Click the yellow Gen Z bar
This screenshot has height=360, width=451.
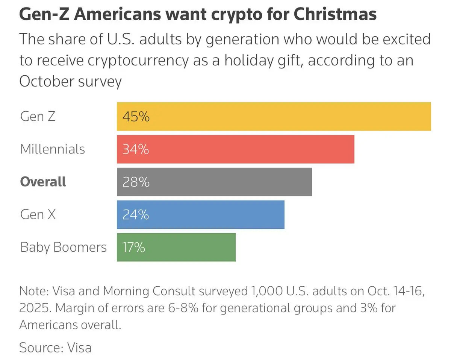tap(274, 117)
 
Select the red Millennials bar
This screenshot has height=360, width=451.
tap(235, 149)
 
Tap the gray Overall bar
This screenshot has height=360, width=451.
tap(214, 182)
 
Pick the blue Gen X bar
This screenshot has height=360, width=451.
tap(200, 215)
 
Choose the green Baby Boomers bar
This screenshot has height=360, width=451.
tap(176, 247)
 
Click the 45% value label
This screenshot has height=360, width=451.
tap(136, 117)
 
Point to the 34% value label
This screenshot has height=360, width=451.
tap(136, 150)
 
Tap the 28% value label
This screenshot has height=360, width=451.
tap(136, 182)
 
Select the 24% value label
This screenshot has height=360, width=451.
tap(136, 215)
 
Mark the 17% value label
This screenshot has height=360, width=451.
tap(133, 248)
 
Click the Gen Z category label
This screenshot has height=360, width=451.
tap(38, 116)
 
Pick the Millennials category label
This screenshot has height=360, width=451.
tap(53, 149)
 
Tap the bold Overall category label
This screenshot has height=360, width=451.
tap(43, 182)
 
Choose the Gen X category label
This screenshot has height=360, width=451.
tap(38, 214)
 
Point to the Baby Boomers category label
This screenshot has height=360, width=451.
tap(64, 247)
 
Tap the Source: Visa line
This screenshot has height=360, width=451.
tap(55, 347)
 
